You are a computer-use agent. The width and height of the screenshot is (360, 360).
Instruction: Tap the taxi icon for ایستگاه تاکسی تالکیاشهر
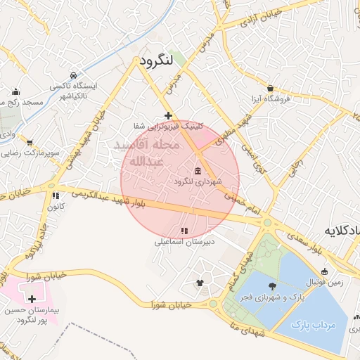pyautogui.click(x=74, y=75)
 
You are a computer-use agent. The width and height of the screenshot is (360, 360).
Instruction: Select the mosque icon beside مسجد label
pyautogui.click(x=15, y=91)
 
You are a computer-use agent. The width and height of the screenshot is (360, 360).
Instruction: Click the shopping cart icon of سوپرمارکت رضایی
pyautogui.click(x=29, y=142)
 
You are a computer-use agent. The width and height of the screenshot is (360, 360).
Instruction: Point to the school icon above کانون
pyautogui.click(x=54, y=196)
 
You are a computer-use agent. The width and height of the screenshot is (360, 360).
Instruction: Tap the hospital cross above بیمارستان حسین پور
pyautogui.click(x=32, y=299)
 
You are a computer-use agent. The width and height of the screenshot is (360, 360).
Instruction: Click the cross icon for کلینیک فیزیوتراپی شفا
pyautogui.click(x=167, y=115)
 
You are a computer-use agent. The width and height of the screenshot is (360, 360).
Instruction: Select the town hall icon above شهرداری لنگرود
pyautogui.click(x=197, y=172)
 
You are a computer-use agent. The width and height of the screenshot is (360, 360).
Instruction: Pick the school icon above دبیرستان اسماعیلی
pyautogui.click(x=184, y=231)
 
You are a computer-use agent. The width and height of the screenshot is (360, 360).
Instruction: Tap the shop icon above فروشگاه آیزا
pyautogui.click(x=270, y=89)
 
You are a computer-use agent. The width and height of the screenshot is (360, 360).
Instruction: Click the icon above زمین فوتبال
pyautogui.click(x=324, y=272)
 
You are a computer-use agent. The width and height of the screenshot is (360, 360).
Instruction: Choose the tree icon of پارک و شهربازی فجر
pyautogui.click(x=272, y=285)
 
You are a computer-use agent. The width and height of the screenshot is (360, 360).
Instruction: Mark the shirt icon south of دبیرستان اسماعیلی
pyautogui.click(x=200, y=283)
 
